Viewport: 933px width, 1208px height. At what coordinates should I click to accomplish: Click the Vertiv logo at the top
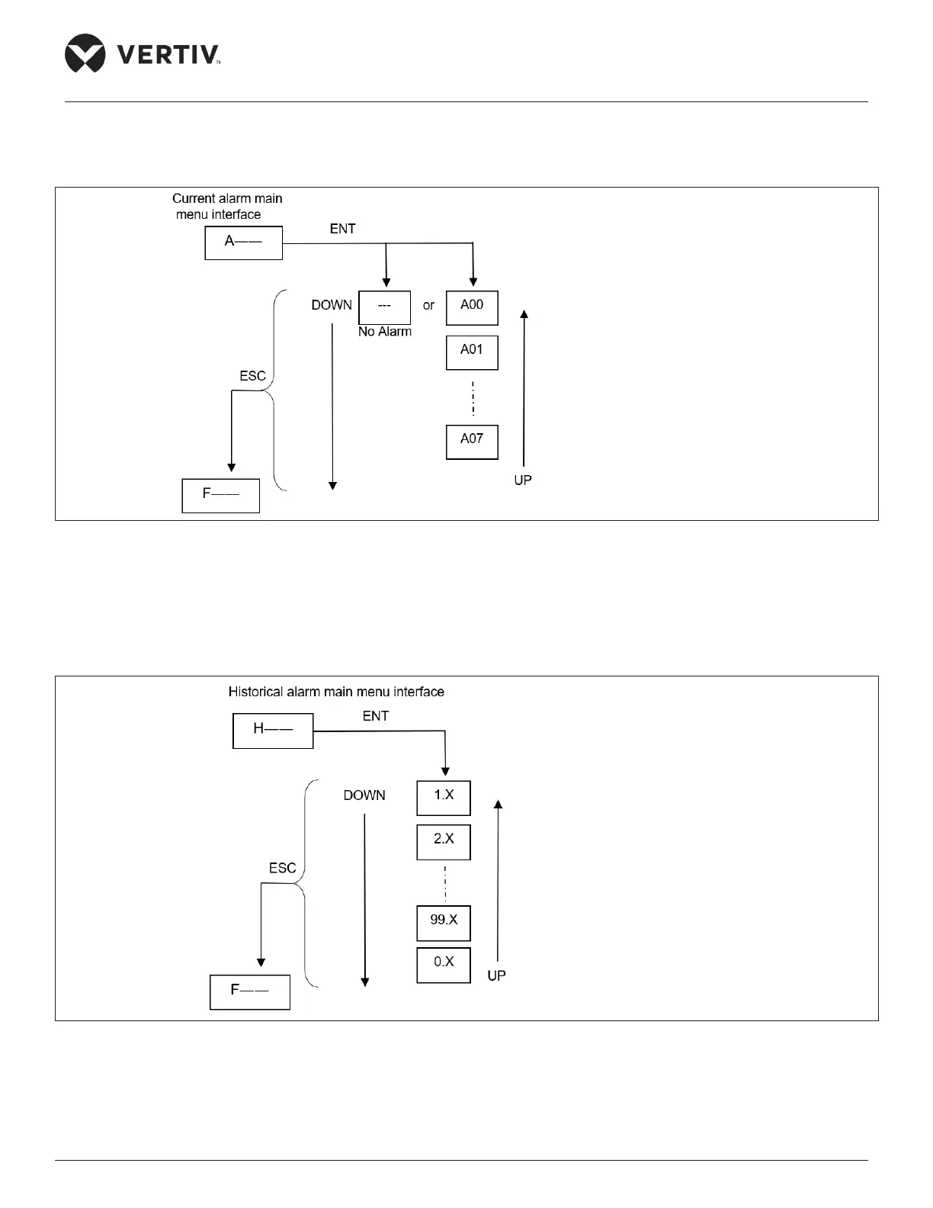coord(143,53)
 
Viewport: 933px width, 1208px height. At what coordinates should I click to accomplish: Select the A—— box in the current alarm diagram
coord(244,243)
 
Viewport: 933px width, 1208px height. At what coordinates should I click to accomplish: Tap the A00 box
coord(472,307)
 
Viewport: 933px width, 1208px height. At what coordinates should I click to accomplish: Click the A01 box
coord(472,352)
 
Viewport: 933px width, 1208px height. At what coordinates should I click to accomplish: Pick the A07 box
coord(472,442)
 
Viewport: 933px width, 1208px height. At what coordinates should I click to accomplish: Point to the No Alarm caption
coord(385,332)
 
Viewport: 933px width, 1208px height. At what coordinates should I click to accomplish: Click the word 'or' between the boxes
coord(428,305)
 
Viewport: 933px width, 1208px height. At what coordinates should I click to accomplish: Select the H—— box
coord(273,731)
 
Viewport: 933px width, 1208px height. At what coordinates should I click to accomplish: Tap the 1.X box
coord(444,798)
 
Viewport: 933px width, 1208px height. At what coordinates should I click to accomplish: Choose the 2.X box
coord(444,842)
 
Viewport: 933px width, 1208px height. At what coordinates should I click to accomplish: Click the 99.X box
coord(444,923)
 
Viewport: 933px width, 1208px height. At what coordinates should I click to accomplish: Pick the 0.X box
coord(444,965)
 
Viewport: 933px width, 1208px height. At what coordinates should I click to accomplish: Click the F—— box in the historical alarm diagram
coord(250,992)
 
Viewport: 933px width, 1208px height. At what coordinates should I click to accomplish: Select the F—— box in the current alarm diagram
coord(221,496)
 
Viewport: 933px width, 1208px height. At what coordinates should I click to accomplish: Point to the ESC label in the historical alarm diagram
coord(282,868)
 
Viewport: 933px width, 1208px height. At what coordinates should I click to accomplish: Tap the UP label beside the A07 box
coord(523,480)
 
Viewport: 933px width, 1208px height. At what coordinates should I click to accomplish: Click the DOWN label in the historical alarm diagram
coord(364,795)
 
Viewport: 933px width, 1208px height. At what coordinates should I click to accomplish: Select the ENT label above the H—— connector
coord(376,716)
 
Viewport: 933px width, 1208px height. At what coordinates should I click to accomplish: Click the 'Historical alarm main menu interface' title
coord(336,692)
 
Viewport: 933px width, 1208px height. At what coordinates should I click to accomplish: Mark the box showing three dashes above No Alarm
coord(385,307)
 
